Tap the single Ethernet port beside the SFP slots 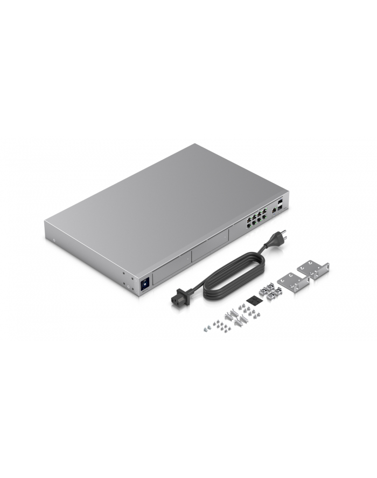[274, 207]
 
